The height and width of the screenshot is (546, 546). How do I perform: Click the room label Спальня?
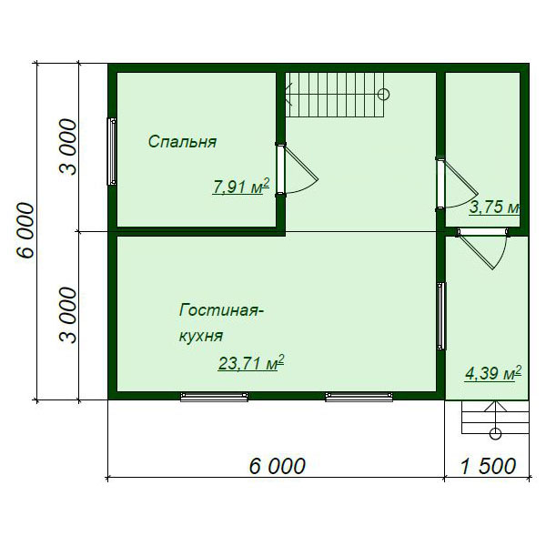point(183,142)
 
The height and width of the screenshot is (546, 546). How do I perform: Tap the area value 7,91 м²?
point(241,187)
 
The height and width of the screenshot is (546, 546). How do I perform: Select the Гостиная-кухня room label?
point(221,323)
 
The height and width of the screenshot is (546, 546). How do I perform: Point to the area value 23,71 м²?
point(251,363)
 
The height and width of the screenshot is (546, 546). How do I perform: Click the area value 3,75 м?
point(494,207)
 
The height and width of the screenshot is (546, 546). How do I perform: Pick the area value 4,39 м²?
point(493,374)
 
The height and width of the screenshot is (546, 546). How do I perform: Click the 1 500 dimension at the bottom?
point(488,466)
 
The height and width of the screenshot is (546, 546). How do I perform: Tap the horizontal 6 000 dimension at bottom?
point(278,466)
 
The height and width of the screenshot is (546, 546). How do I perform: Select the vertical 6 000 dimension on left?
point(25,230)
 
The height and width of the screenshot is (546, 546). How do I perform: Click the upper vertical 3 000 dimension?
point(67,147)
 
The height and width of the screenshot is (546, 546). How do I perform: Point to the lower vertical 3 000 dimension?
point(67,315)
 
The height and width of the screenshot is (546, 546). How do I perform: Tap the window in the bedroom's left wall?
point(112,151)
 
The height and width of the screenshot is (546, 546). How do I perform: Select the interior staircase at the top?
point(335,95)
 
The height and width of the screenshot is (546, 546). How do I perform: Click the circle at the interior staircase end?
point(383,95)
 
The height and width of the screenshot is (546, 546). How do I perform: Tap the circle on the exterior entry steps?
point(495,434)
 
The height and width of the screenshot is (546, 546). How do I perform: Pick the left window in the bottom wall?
point(214,397)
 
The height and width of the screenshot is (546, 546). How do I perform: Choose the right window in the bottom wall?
point(359,397)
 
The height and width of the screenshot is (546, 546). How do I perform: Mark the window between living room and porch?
point(441,316)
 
